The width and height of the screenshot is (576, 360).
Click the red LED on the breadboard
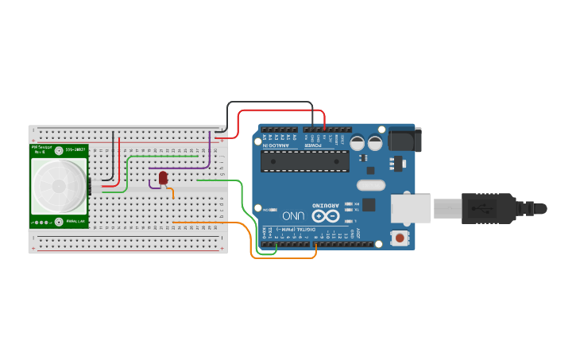(x=163, y=177)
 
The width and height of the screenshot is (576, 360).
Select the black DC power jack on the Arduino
(x=404, y=140)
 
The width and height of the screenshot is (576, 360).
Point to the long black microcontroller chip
(x=305, y=161)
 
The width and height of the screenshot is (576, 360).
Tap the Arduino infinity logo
(x=324, y=215)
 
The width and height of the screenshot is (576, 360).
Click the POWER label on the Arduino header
(x=316, y=145)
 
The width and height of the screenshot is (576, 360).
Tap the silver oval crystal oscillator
(x=370, y=185)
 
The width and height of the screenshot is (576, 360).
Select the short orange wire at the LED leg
(x=171, y=192)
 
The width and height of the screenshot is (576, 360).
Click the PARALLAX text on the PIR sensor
(x=75, y=222)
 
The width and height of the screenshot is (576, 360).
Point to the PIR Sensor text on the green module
(x=40, y=149)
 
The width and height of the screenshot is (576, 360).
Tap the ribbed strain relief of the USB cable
(x=530, y=209)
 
